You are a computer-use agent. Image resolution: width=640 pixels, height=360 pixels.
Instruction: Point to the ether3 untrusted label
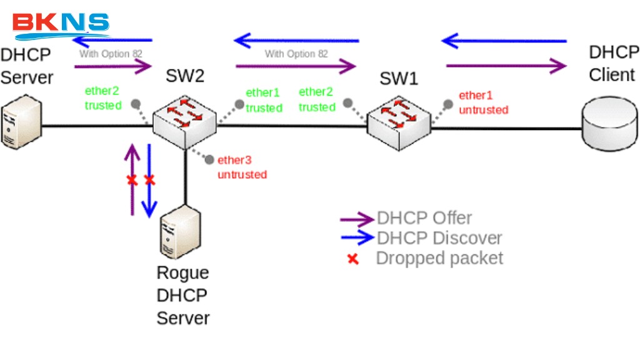coord(241,167)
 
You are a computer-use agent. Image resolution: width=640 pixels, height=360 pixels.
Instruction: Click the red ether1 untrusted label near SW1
coord(483,102)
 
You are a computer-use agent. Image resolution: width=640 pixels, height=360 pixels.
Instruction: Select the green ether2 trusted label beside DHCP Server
coord(103,98)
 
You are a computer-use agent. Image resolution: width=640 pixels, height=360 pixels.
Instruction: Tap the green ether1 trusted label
coord(264,101)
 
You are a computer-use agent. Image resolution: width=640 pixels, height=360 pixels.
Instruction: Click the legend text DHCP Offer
coord(424,218)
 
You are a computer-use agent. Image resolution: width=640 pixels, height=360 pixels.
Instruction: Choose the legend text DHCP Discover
coord(439,238)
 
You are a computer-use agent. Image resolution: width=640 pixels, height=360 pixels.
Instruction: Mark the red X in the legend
coord(353,259)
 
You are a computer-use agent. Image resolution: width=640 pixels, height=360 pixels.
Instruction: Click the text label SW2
coord(185,76)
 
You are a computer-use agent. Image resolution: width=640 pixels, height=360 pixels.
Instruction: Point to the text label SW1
coord(399,79)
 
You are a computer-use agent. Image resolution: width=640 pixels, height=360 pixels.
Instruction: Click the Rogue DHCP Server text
coord(182,295)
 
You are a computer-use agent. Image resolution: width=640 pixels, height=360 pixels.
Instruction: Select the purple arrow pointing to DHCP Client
coord(506,65)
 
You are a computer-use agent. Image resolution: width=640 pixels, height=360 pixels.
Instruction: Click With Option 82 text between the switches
coord(296,54)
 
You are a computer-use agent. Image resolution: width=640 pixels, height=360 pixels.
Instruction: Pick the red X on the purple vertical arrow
coord(132,181)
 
